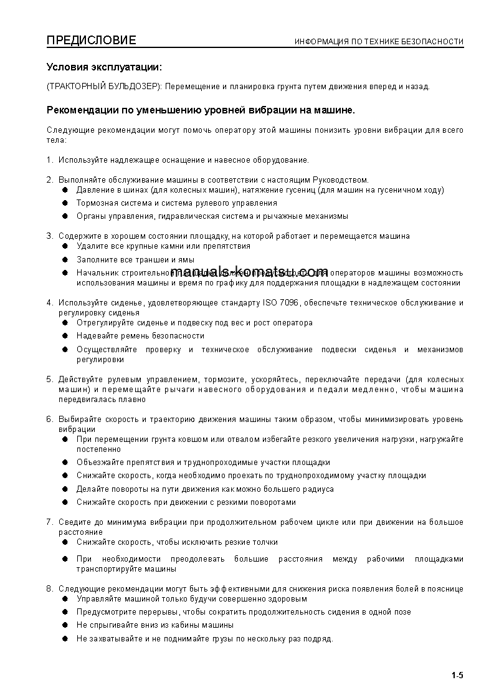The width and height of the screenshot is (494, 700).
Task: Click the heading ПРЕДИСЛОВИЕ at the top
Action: [91, 41]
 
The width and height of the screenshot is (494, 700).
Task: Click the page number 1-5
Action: [457, 675]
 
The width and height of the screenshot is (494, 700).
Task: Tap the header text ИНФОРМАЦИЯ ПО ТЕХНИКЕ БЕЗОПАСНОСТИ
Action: [379, 42]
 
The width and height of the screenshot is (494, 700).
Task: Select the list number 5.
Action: [49, 379]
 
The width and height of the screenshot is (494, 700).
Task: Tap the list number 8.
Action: [49, 588]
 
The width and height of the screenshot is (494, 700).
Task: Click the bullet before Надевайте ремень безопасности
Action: [65, 336]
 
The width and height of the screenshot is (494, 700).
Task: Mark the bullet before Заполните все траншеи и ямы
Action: [65, 259]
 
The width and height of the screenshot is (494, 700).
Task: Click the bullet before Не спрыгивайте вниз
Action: [65, 625]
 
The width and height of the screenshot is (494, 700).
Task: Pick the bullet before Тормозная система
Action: [65, 203]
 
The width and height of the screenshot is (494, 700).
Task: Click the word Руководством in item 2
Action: [343, 180]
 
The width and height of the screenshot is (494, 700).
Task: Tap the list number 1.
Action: [49, 160]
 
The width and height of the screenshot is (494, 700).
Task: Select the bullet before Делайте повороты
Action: [65, 489]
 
